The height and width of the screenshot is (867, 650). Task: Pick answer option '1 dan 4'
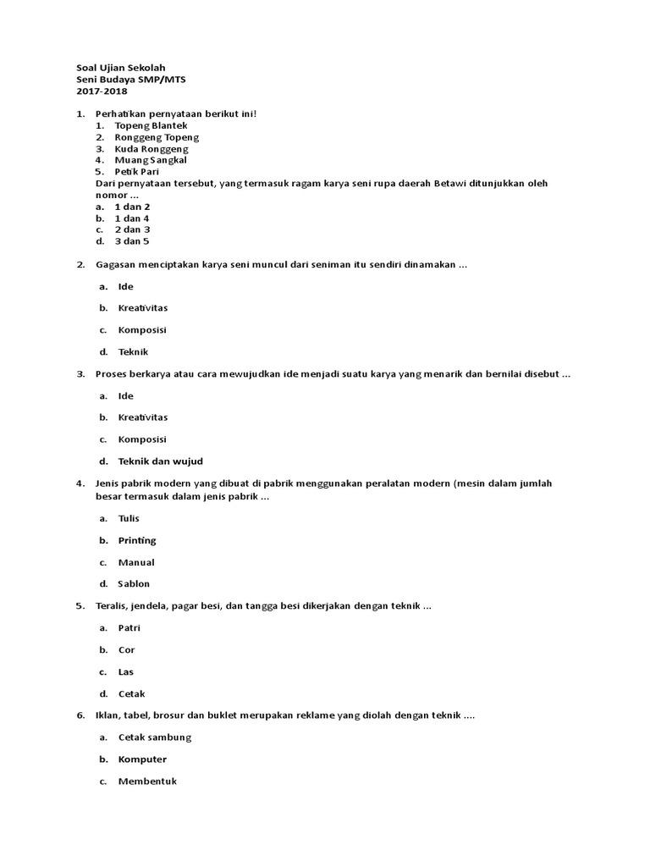click(x=132, y=218)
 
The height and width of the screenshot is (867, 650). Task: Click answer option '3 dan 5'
click(x=132, y=240)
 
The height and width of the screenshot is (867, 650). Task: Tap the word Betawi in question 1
click(x=449, y=183)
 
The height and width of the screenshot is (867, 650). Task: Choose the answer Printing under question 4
click(x=137, y=540)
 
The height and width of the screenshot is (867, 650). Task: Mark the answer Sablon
click(x=134, y=583)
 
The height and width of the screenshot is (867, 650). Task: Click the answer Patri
click(x=129, y=627)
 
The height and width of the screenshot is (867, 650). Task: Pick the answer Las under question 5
click(x=126, y=671)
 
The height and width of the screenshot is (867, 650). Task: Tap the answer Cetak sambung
click(x=155, y=737)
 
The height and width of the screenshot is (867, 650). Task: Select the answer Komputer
click(x=142, y=759)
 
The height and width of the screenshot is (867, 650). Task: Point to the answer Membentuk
click(x=147, y=781)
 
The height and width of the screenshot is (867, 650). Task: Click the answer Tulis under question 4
click(x=129, y=518)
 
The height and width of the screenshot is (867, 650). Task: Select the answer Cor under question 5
click(x=126, y=649)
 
